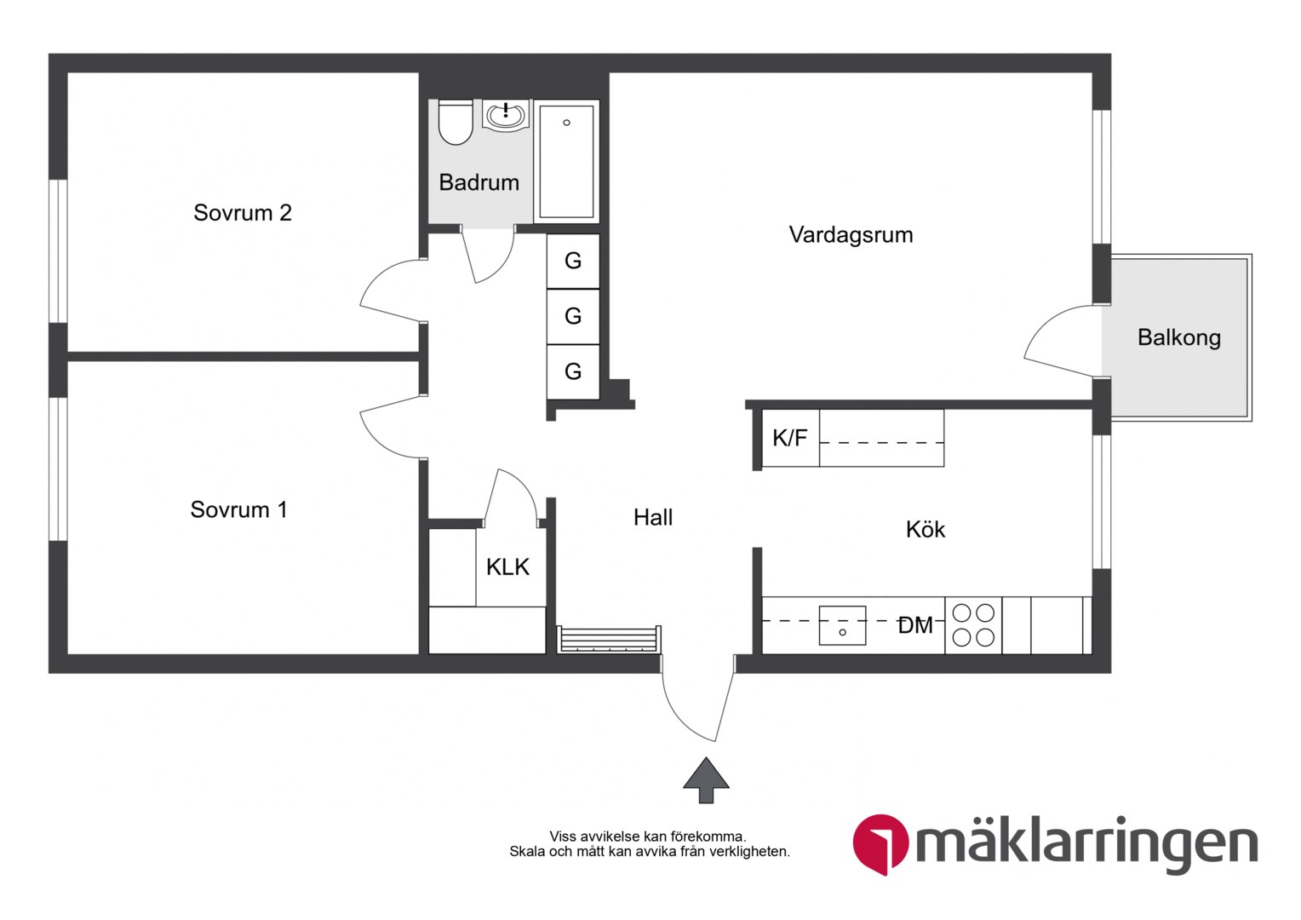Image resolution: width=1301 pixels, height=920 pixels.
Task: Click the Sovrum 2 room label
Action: click(242, 213)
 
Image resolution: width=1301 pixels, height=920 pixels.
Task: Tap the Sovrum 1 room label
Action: click(238, 509)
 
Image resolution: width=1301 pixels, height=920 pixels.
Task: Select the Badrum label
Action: click(479, 182)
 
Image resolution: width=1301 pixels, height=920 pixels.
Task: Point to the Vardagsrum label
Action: click(851, 235)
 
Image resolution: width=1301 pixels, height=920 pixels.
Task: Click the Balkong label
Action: click(1179, 337)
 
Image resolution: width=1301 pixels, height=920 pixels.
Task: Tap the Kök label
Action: click(926, 529)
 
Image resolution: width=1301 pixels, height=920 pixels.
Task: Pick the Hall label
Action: click(653, 517)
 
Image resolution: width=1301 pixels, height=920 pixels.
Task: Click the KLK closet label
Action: click(507, 566)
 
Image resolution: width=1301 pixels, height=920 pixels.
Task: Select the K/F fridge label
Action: click(790, 438)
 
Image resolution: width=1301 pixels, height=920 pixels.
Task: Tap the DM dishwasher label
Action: click(915, 626)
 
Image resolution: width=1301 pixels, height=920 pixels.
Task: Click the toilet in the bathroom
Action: click(456, 122)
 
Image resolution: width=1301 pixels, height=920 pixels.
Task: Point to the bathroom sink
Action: click(506, 116)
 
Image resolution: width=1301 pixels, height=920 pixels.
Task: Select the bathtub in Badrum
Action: click(566, 161)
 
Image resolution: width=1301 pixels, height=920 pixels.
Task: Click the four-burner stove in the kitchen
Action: click(973, 625)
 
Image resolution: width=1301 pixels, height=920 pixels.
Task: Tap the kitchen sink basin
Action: click(842, 625)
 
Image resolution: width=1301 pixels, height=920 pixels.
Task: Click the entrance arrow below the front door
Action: click(706, 780)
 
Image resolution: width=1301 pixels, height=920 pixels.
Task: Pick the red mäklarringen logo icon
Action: click(880, 843)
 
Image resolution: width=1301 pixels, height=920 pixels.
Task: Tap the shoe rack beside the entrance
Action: click(609, 639)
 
